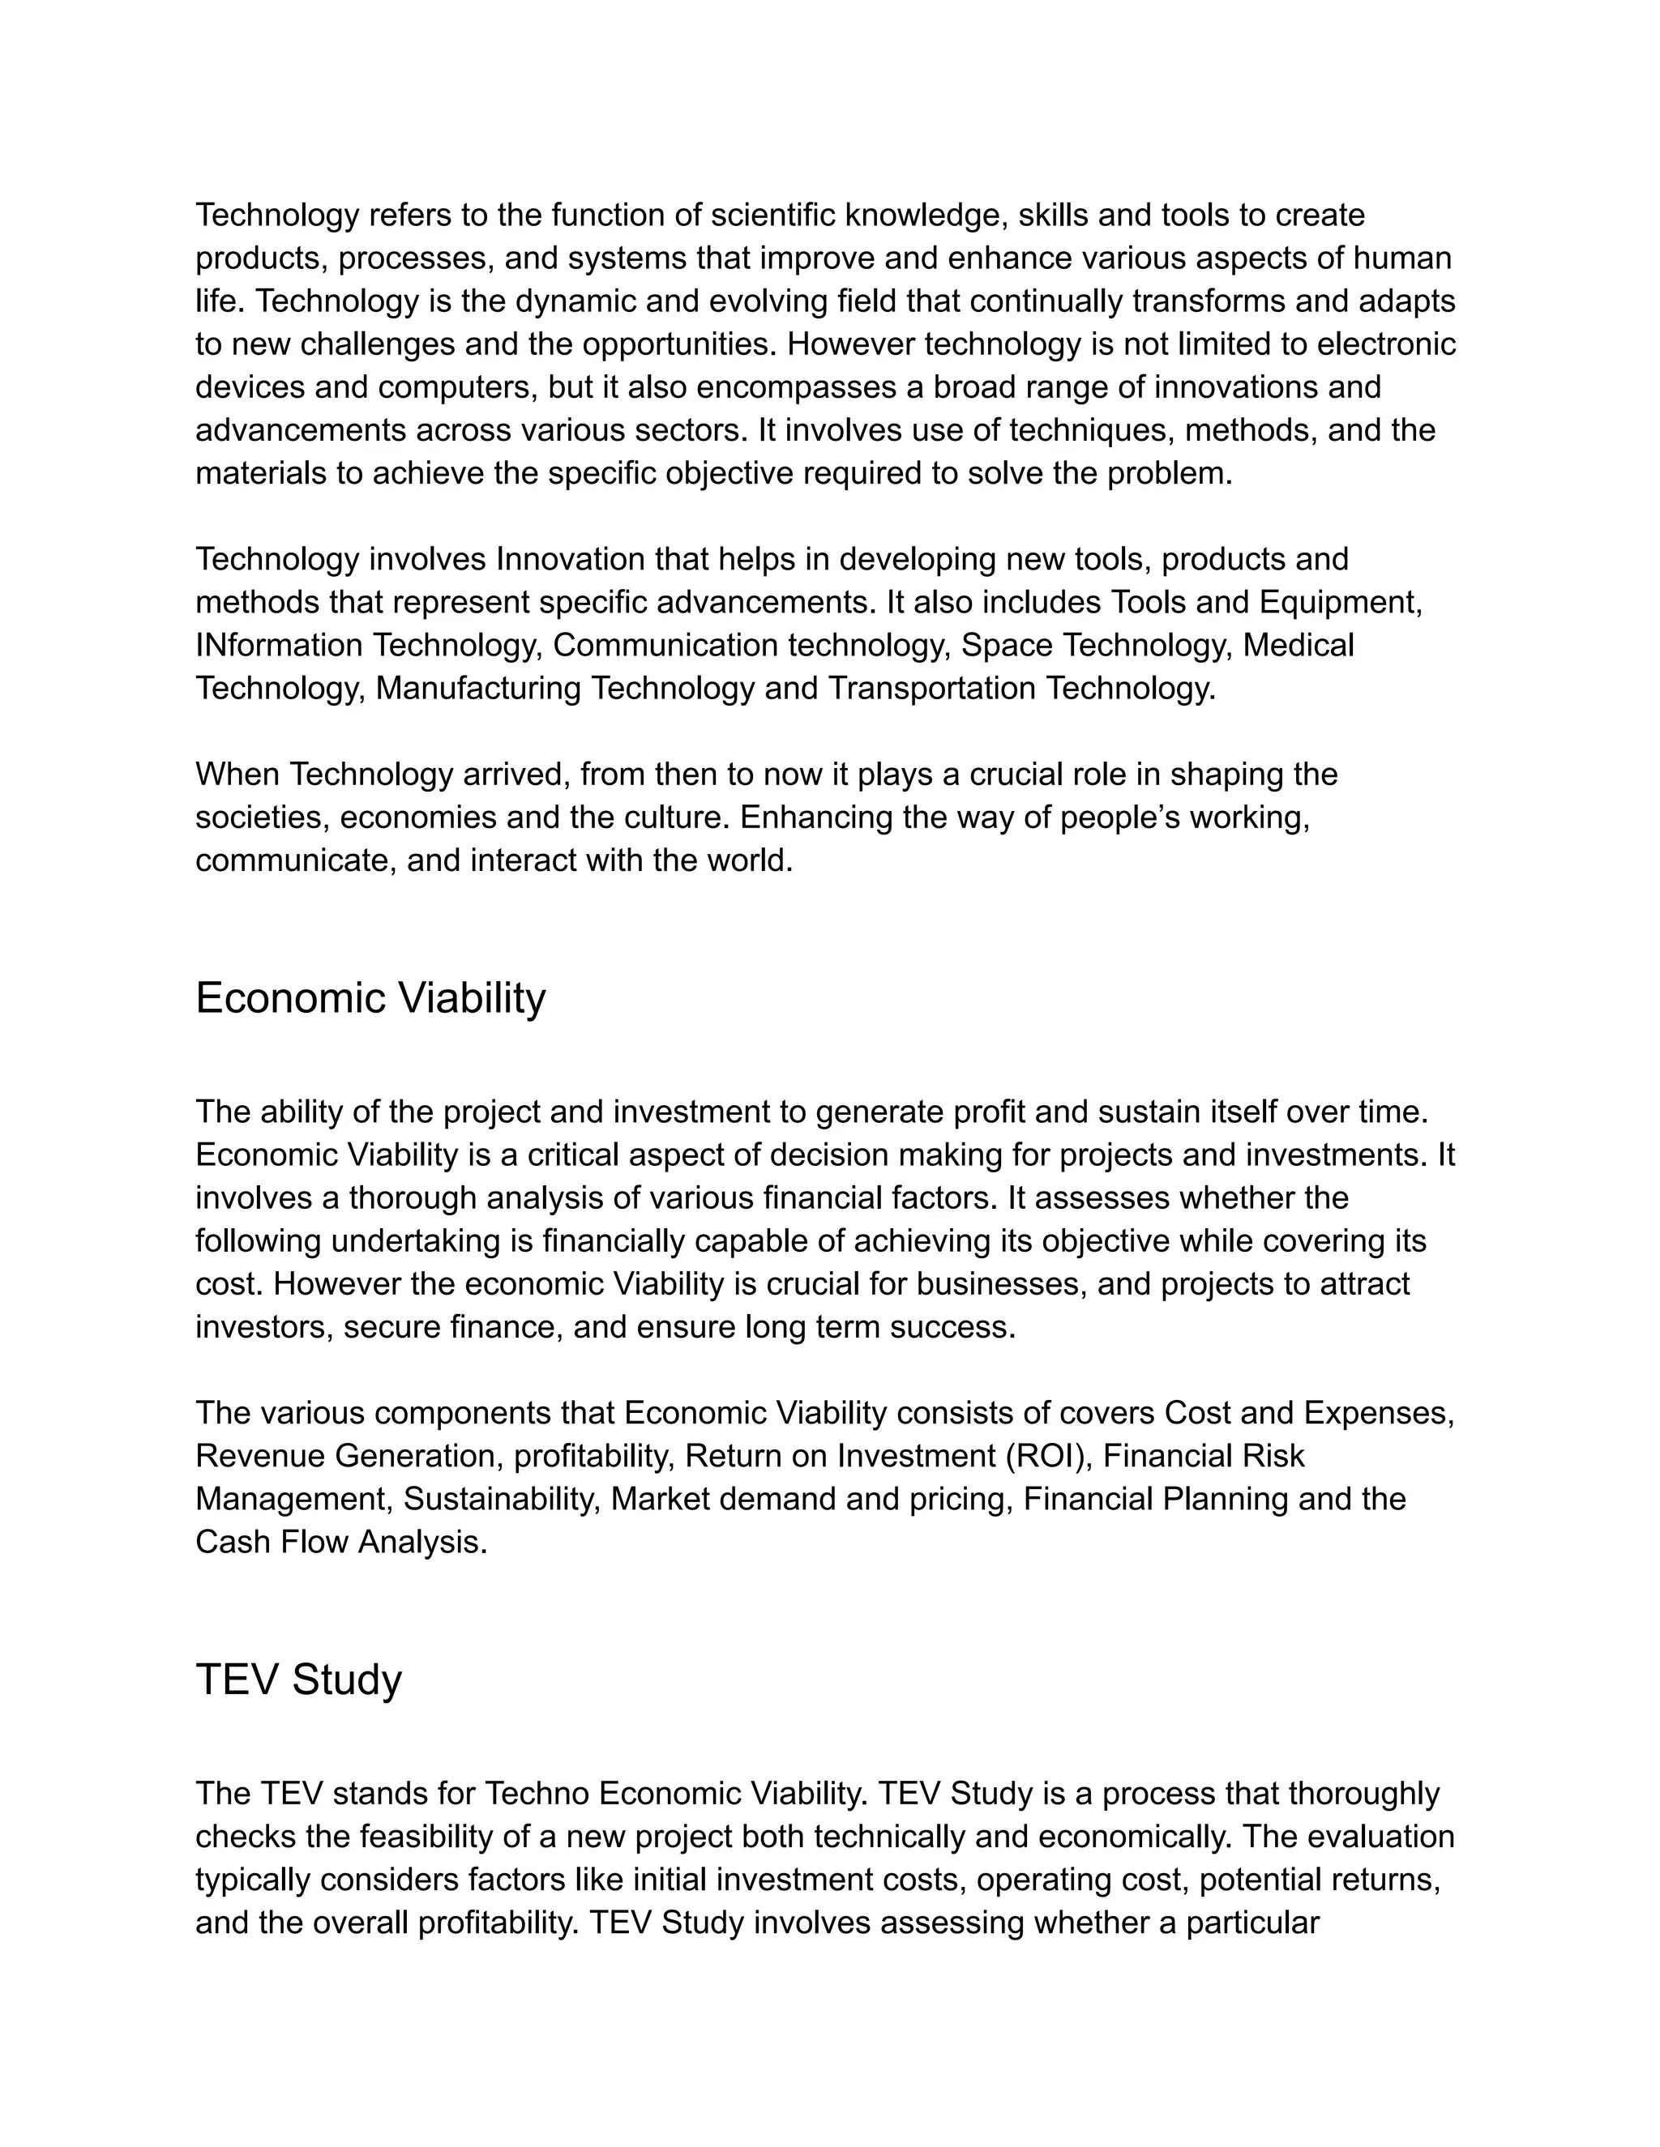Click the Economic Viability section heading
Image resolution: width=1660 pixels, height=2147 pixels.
click(x=370, y=998)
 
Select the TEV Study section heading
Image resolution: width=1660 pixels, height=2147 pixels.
click(x=298, y=1679)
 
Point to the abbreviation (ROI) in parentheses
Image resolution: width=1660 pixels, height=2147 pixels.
click(x=1050, y=1456)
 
